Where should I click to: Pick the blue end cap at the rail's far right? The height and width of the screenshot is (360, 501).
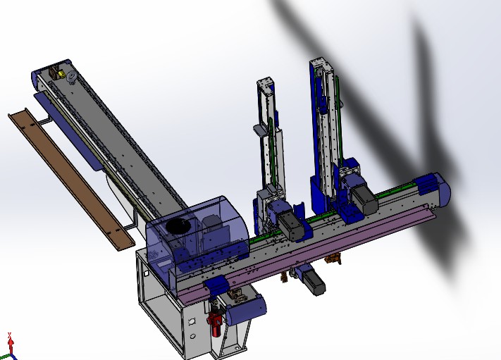click(431, 187)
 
